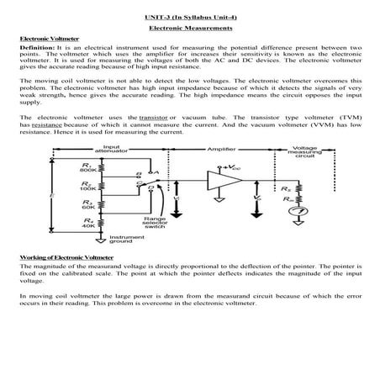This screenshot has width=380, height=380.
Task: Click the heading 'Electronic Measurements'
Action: [190, 28]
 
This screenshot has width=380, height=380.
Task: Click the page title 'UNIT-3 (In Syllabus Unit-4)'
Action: [190, 16]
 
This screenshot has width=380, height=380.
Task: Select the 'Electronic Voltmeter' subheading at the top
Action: [41, 40]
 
